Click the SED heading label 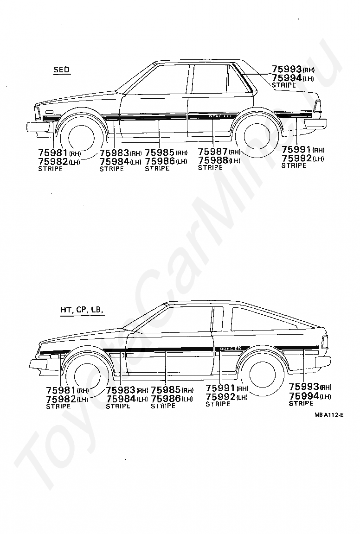pos(61,70)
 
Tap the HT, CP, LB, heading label pos(82,310)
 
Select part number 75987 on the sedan pos(213,152)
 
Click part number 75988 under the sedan pos(213,160)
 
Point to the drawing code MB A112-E pos(328,414)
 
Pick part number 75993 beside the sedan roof pos(287,70)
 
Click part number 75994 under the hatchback pos(304,396)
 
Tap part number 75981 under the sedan pos(53,153)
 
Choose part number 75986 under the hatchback pos(166,398)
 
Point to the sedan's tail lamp pos(317,106)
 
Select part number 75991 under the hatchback pos(220,388)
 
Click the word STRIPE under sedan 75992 pos(294,166)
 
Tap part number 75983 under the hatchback pos(121,390)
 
